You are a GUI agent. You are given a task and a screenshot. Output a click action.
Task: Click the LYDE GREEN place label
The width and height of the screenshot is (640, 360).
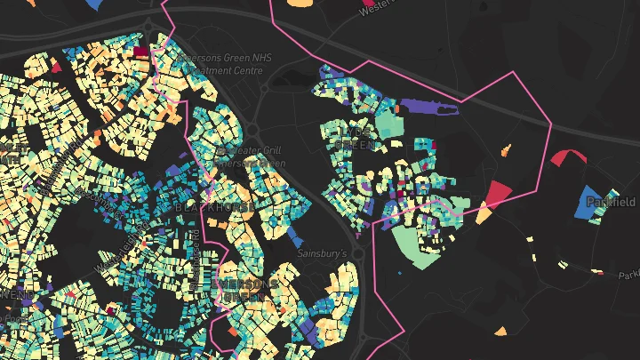coord(360,137)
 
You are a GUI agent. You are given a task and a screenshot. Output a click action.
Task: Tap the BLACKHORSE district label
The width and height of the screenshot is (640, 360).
coord(216,206)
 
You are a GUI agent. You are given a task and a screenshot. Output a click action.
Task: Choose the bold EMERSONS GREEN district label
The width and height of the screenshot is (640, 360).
coord(245,290)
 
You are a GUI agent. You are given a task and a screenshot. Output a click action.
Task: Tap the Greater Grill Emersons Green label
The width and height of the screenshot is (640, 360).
coord(251,156)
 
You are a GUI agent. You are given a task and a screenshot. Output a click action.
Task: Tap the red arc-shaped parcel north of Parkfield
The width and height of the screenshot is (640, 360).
coord(566,157)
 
